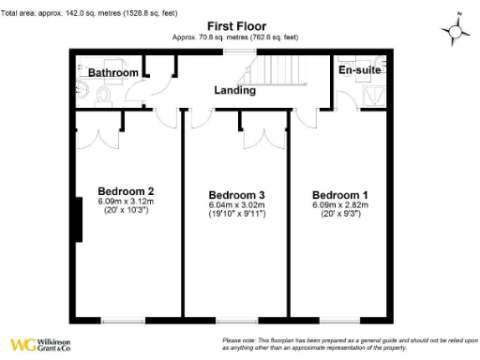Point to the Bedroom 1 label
340,194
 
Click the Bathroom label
113,73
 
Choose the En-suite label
360,70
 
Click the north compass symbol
458,31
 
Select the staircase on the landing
277,71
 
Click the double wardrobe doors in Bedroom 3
257,137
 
